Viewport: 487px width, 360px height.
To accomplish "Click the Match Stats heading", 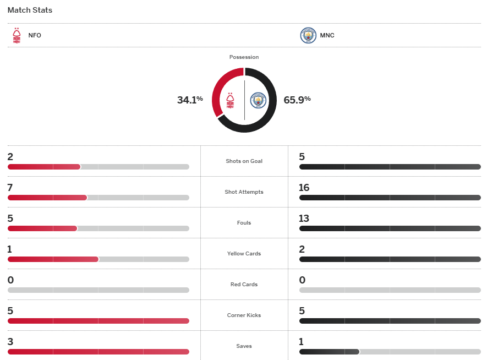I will pos(30,10).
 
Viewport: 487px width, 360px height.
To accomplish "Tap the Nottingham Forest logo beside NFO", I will pos(17,35).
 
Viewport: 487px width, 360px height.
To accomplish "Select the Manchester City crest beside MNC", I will pos(308,35).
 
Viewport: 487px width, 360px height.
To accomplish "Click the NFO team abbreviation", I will pos(35,35).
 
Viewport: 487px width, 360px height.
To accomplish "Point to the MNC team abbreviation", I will pos(327,35).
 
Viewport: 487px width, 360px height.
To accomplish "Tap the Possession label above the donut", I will pos(244,57).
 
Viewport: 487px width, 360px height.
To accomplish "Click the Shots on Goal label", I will pos(244,161).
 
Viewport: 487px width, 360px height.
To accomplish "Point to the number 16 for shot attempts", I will pos(304,188).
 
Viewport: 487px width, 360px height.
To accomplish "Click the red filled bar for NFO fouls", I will pos(42,228).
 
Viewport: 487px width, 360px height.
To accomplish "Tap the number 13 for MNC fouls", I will pos(304,219).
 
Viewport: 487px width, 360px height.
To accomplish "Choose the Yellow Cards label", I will pos(244,254).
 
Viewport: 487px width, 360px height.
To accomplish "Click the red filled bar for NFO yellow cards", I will pos(53,259).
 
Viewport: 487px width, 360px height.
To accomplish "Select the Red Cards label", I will pos(244,285).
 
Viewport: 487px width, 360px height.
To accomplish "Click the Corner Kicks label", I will pos(244,315).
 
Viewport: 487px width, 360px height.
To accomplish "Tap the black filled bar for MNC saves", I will pos(329,352).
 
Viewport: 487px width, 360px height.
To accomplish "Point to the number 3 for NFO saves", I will pos(10,342).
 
